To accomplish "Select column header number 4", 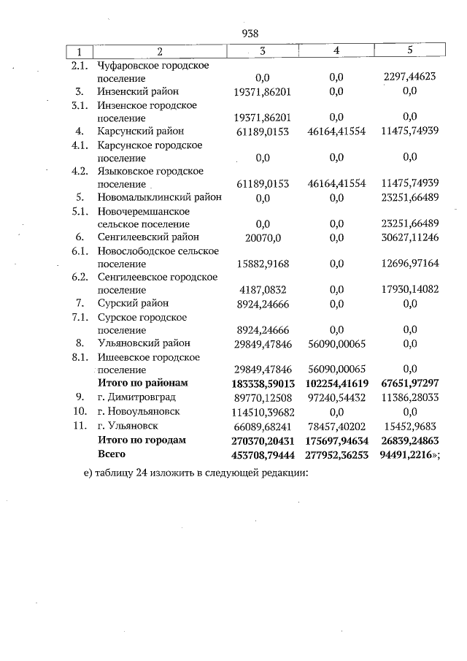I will (336, 51).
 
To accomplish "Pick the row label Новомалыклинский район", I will (159, 197).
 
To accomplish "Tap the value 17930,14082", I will (409, 290).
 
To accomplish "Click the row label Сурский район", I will (133, 303).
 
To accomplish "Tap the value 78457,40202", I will (336, 425).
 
